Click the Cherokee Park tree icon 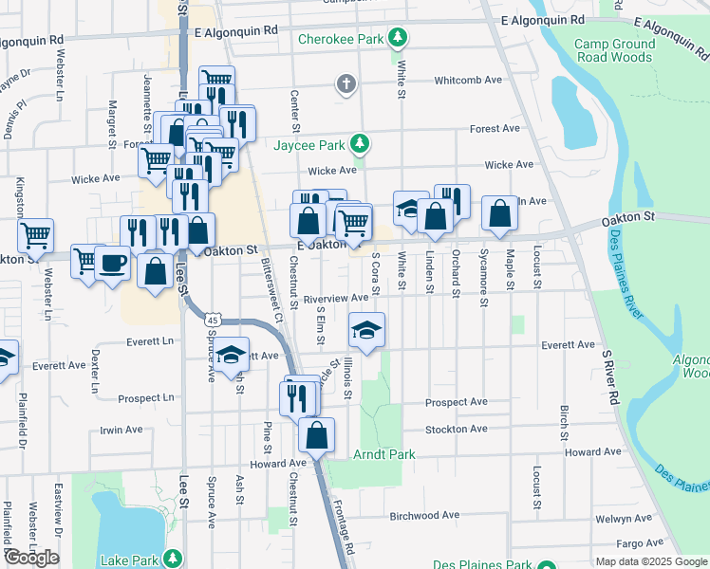point(401,39)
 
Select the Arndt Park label point(384,455)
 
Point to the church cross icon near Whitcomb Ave point(346,85)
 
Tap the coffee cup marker point(112,262)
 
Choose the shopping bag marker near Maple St point(499,213)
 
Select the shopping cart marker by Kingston point(35,233)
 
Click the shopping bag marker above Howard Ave point(317,434)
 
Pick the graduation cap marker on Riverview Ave point(366,330)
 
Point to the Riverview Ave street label point(335,298)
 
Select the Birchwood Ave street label point(424,516)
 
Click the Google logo point(32,558)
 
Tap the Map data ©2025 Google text point(649,561)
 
